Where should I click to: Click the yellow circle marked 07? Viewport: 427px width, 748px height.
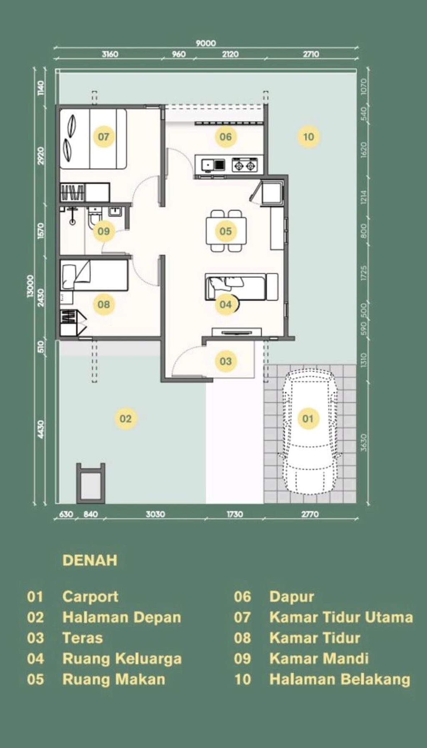pyautogui.click(x=103, y=136)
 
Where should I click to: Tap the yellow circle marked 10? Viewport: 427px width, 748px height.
pyautogui.click(x=308, y=136)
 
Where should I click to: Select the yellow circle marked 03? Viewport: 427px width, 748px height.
pyautogui.click(x=225, y=361)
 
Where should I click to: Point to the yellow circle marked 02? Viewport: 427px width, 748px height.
pyautogui.click(x=126, y=418)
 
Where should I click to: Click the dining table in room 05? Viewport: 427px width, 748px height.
pyautogui.click(x=226, y=231)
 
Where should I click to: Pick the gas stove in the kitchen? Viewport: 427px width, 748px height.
pyautogui.click(x=244, y=165)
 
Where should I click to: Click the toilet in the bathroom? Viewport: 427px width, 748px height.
pyautogui.click(x=93, y=218)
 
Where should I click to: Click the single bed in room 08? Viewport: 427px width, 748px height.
pyautogui.click(x=93, y=275)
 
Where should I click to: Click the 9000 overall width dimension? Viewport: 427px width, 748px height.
pyautogui.click(x=206, y=43)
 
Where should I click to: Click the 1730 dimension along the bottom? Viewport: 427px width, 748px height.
pyautogui.click(x=235, y=514)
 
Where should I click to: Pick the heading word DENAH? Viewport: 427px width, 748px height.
pyautogui.click(x=90, y=560)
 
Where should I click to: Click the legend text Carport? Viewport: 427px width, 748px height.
pyautogui.click(x=90, y=597)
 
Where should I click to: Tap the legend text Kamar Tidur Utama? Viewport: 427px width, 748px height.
pyautogui.click(x=341, y=617)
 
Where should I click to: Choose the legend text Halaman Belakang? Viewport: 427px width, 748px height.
pyautogui.click(x=340, y=679)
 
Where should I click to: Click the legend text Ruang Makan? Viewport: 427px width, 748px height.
pyautogui.click(x=113, y=679)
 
